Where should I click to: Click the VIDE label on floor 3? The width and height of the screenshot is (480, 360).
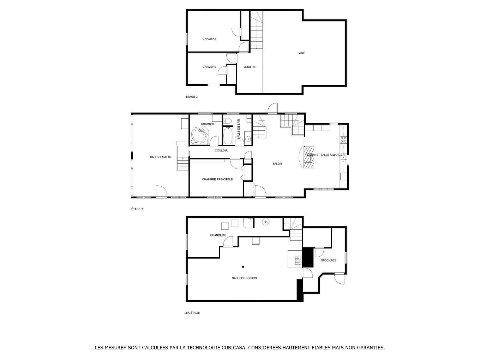click(301, 53)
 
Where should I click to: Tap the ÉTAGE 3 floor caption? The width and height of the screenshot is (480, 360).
click(192, 97)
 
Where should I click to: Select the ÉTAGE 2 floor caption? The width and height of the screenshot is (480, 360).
click(137, 209)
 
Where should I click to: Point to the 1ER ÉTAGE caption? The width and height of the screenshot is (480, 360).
click(192, 313)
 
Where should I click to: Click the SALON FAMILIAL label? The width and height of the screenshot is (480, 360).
click(161, 157)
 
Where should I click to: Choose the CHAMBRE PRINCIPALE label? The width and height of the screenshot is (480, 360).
click(217, 179)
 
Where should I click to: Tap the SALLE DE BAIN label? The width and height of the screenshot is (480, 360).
click(239, 129)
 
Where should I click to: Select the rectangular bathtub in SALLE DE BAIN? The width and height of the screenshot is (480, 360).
click(228, 136)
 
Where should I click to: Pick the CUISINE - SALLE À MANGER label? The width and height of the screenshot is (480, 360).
click(325, 155)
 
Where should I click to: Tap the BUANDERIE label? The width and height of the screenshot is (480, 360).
click(218, 235)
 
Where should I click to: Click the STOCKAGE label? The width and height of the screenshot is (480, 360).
click(328, 260)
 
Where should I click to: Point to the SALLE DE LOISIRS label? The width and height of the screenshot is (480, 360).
click(244, 278)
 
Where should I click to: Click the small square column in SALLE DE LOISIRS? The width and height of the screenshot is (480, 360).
click(243, 266)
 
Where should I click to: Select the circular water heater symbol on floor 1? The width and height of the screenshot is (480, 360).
click(265, 222)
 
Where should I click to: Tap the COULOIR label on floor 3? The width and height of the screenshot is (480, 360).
click(250, 67)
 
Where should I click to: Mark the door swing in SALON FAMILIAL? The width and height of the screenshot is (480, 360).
click(161, 191)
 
